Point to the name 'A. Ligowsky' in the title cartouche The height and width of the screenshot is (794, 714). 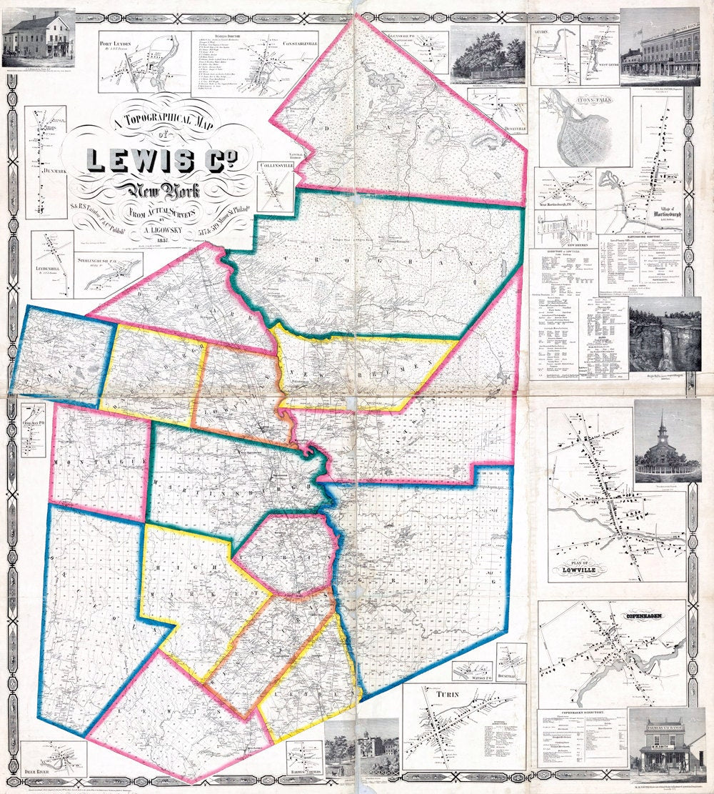click(x=159, y=230)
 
